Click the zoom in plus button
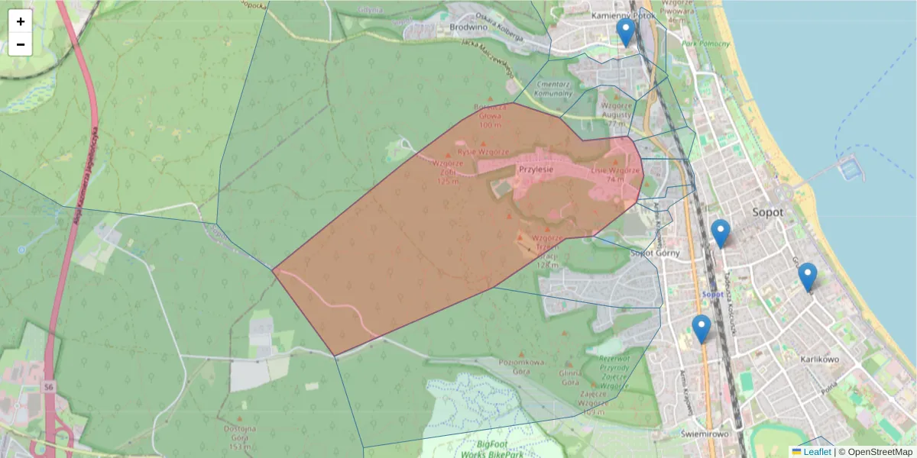tap(21, 21)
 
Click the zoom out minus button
tap(21, 44)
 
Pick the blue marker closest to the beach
tap(807, 277)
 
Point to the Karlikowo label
tap(821, 359)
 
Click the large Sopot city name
tap(767, 212)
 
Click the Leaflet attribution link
tap(816, 452)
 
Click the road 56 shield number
tap(48, 386)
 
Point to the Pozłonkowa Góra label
tap(520, 367)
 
